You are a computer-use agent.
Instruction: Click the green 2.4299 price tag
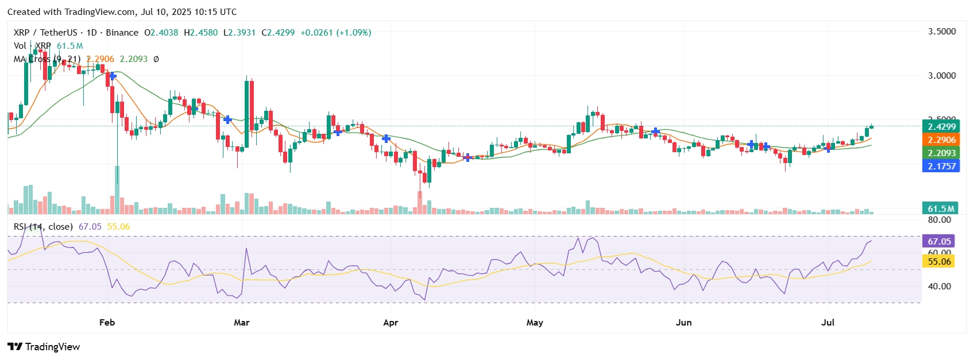click(941, 127)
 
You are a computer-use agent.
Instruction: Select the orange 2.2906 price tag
click(941, 140)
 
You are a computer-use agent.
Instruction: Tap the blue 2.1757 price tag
click(941, 167)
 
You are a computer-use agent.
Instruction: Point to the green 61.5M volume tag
click(941, 209)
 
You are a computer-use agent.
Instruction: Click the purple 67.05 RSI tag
click(939, 242)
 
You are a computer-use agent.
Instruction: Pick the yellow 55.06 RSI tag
click(939, 262)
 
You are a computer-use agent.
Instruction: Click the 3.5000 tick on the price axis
click(942, 32)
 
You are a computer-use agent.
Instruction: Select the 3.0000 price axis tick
click(942, 76)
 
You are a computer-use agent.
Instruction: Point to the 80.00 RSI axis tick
click(939, 220)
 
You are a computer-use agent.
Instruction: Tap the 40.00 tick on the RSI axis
click(939, 287)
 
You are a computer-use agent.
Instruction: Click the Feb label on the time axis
click(107, 323)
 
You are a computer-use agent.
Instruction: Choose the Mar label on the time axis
click(242, 323)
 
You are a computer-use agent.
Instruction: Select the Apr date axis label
click(391, 323)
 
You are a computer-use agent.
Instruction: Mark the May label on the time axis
click(535, 323)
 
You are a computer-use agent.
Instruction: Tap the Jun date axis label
click(683, 323)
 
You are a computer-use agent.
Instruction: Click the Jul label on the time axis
click(828, 323)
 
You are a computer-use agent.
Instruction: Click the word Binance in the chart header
click(122, 33)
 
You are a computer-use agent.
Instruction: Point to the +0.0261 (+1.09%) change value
click(335, 33)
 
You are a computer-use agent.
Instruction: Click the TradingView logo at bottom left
click(44, 347)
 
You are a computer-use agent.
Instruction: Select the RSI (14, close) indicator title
click(43, 227)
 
